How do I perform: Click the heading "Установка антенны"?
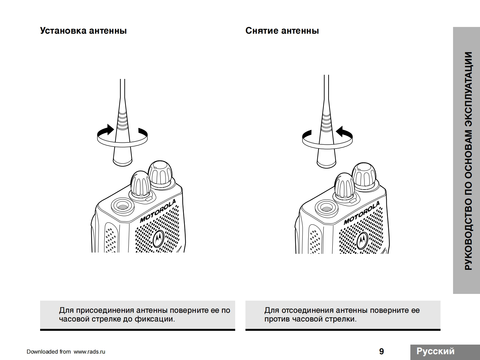pyautogui.click(x=83, y=31)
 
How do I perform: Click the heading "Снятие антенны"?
pyautogui.click(x=282, y=31)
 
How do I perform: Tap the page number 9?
pyautogui.click(x=381, y=351)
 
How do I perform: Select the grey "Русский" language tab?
pyautogui.click(x=435, y=351)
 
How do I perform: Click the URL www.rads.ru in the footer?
pyautogui.click(x=89, y=352)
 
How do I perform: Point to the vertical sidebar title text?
pyautogui.click(x=468, y=160)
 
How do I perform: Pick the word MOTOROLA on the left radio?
pyautogui.click(x=158, y=211)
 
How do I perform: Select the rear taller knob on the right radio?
pyautogui.click(x=364, y=175)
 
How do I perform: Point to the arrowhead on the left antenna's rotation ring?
pyautogui.click(x=110, y=130)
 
